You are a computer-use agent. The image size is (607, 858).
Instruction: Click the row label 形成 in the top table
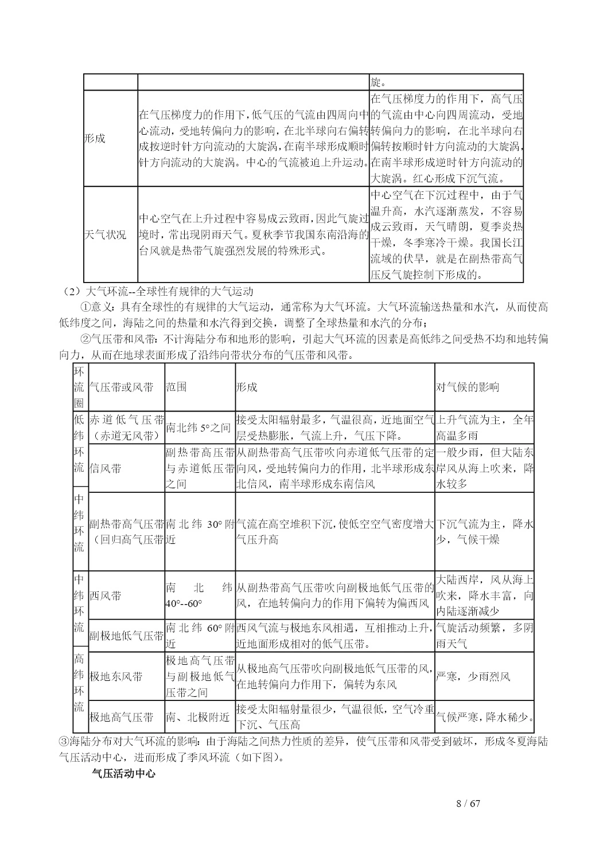coord(95,139)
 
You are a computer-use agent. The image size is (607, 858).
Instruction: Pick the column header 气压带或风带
coord(122,387)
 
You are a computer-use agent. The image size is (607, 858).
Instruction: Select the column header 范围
coord(176,387)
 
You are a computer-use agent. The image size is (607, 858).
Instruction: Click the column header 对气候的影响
coord(468,387)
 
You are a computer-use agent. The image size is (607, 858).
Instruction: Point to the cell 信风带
coord(106,468)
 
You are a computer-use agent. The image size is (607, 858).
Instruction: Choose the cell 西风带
coord(106,595)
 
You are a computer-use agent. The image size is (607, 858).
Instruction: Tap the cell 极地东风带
coord(116,676)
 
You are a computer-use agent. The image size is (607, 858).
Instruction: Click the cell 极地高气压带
coord(122,717)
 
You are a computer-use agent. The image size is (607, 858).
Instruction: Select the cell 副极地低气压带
coord(126,636)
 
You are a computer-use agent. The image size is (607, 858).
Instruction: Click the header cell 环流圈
coord(79,387)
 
